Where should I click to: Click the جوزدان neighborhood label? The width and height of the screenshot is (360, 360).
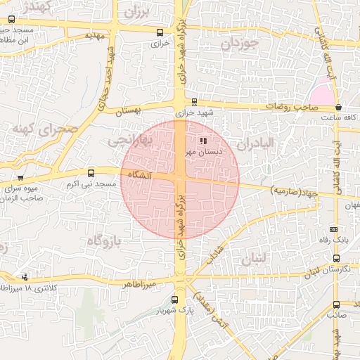(240, 43)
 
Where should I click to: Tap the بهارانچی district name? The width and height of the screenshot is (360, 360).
(128, 141)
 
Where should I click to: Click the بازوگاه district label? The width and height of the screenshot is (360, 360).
(103, 241)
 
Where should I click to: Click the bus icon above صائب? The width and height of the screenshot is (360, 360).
(335, 304)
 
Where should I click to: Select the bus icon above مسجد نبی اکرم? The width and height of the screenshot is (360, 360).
(91, 173)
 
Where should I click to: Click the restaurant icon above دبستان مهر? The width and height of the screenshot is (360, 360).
(204, 141)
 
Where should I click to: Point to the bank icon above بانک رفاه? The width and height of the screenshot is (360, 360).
(333, 229)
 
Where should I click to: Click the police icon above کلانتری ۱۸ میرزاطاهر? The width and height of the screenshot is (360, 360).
(26, 276)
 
